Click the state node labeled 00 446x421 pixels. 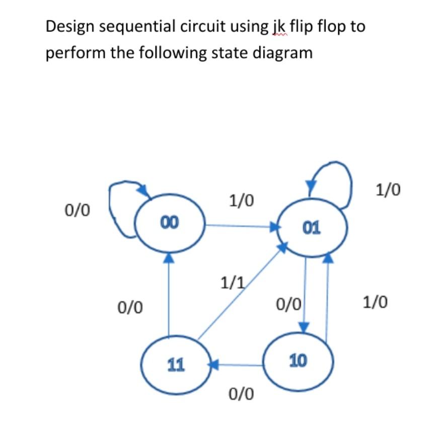[170, 224]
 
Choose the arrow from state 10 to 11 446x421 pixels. [237, 363]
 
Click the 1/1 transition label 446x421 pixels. [232, 284]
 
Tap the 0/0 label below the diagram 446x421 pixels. [241, 393]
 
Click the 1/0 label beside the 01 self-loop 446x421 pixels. [388, 190]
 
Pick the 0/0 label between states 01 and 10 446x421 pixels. [289, 303]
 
